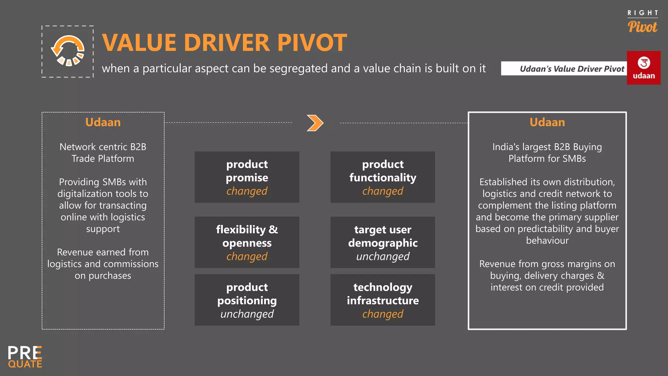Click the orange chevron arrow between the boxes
pyautogui.click(x=315, y=123)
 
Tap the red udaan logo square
pyautogui.click(x=644, y=68)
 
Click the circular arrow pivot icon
pyautogui.click(x=68, y=51)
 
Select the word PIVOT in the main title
pyautogui.click(x=312, y=42)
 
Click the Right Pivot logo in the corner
pyautogui.click(x=643, y=22)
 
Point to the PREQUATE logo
pyautogui.click(x=25, y=357)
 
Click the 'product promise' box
pyautogui.click(x=247, y=177)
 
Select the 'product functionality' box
pyautogui.click(x=383, y=177)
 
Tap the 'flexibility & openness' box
pyautogui.click(x=247, y=242)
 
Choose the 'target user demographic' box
pyautogui.click(x=383, y=242)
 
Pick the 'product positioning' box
pyautogui.click(x=247, y=300)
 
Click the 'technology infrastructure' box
pyautogui.click(x=383, y=300)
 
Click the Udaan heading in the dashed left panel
pyautogui.click(x=103, y=122)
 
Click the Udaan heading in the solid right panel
pyautogui.click(x=547, y=122)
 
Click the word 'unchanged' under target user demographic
pyautogui.click(x=383, y=257)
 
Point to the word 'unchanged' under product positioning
pyautogui.click(x=247, y=314)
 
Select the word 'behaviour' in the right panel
pyautogui.click(x=547, y=241)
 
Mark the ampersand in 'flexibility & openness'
pyautogui.click(x=273, y=229)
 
